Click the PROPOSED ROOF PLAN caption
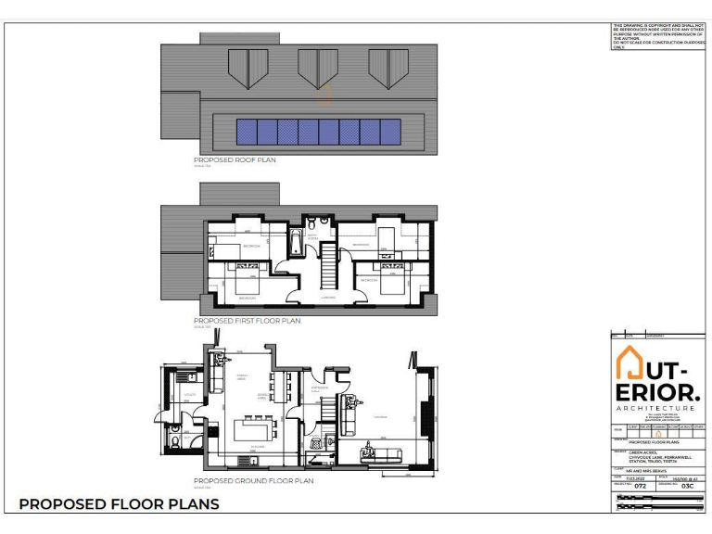235,160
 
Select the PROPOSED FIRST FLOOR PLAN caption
247,321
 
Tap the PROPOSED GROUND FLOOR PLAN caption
253,481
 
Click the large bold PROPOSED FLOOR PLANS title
120,504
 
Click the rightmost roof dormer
388,67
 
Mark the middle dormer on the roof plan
317,67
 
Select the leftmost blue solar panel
248,132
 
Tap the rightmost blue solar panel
390,132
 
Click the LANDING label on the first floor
328,298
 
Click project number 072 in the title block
640,485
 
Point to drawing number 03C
687,485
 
